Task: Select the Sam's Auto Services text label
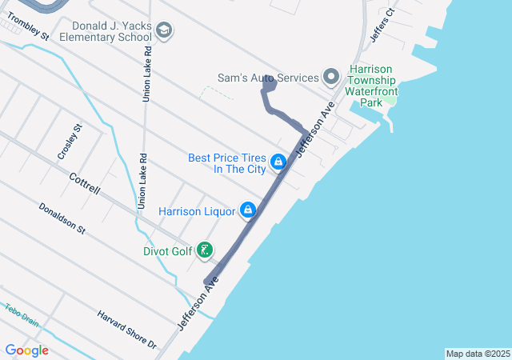(268, 78)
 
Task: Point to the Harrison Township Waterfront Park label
(370, 86)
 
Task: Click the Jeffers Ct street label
(383, 25)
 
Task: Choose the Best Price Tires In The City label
(227, 163)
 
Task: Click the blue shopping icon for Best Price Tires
(278, 162)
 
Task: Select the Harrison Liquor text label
(196, 211)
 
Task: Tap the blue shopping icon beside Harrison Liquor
(248, 210)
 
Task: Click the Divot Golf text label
(167, 250)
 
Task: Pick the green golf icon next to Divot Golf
(206, 250)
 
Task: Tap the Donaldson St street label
(62, 218)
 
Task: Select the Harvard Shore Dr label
(127, 330)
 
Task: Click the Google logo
(26, 350)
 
